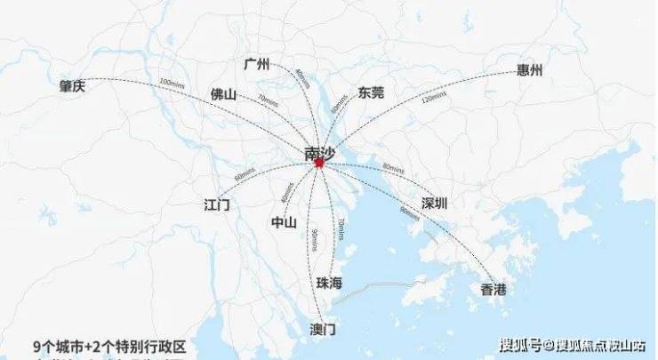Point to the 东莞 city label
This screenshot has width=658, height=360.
(371, 92)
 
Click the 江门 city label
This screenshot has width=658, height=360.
(216, 205)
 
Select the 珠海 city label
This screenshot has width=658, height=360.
(328, 283)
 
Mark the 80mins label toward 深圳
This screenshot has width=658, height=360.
(393, 168)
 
